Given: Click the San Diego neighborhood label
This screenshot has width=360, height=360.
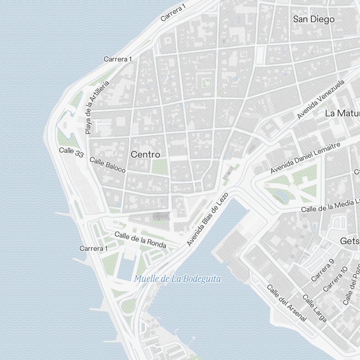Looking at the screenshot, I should tap(314, 19).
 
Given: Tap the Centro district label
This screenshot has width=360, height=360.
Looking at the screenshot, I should tap(145, 154).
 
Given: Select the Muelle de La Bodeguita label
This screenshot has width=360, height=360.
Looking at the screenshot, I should tap(177, 279).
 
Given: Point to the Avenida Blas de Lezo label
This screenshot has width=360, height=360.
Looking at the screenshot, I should tap(208, 220).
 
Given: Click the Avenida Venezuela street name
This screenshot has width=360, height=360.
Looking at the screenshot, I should tap(321, 99).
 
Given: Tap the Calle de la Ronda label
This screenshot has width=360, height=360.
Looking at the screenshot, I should tap(140, 240).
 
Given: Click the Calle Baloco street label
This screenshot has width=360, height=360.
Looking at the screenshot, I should tap(108, 165).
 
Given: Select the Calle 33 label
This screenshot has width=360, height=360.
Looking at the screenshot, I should tap(71, 152).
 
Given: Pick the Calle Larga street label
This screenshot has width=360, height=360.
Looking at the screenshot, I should tap(315, 308).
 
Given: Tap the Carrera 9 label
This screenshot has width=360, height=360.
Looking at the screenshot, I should tap(323, 270).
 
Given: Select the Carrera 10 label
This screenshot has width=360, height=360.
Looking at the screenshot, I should tap(336, 279).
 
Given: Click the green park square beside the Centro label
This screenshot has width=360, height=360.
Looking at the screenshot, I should tap(159, 167).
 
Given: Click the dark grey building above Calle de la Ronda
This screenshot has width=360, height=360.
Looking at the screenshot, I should tap(161, 216).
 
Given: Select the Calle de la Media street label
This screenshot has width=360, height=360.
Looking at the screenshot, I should tap(330, 206).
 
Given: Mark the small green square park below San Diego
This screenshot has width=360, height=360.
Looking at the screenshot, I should tap(207, 83).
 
